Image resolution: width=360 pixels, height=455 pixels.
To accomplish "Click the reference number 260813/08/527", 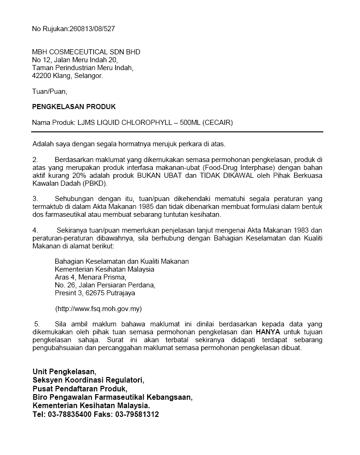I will tap(92, 28).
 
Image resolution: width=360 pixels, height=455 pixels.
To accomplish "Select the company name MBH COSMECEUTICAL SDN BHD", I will tap(86, 52).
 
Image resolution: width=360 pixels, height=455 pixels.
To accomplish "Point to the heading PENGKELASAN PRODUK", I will tap(74, 107).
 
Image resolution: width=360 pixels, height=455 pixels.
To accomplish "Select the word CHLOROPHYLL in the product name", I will tap(145, 123).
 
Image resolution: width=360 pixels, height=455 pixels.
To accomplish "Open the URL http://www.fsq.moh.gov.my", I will tap(98, 308).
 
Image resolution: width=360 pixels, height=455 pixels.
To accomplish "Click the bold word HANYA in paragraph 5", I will tap(268, 332).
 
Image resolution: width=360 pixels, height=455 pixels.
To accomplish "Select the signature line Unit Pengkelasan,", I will tap(64, 371).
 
